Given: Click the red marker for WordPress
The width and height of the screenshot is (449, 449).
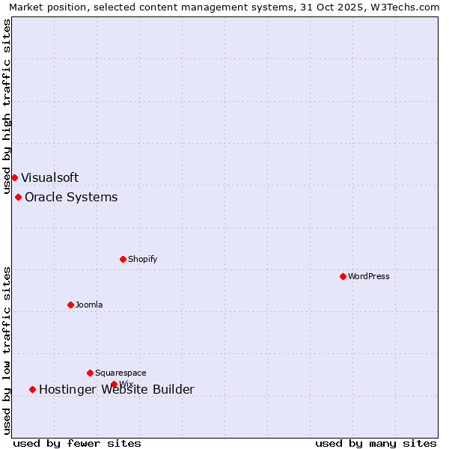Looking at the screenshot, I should [343, 276].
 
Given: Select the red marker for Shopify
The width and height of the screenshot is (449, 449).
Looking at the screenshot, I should [123, 259].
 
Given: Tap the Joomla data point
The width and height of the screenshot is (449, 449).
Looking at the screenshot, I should [70, 305].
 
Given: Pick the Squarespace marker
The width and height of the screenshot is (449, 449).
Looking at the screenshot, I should [90, 373].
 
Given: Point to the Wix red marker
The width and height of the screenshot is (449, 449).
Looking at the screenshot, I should [114, 384].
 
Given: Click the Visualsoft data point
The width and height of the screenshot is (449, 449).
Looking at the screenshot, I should [14, 177].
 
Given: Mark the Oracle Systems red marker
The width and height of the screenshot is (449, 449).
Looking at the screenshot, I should [18, 197].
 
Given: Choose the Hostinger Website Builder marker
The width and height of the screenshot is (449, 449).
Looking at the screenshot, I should [32, 389].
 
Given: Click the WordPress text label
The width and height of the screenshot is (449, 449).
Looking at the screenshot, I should [369, 276].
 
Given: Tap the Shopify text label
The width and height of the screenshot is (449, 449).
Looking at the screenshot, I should [142, 259].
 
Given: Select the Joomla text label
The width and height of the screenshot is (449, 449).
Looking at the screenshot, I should [89, 305].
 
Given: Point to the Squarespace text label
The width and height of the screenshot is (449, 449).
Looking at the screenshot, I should [120, 373].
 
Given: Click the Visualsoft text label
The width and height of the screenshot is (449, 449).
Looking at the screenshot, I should [49, 177].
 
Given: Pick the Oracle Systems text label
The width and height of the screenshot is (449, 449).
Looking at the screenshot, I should [71, 197].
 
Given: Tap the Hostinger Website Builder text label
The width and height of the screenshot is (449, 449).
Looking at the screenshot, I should [117, 389].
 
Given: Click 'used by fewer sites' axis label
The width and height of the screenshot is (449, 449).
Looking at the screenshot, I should [77, 443].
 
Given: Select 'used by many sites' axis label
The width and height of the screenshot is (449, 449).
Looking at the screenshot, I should [376, 443].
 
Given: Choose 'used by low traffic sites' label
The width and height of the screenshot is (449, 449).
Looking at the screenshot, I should [7, 349].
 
